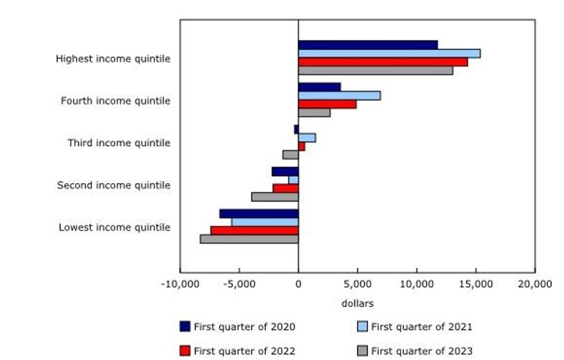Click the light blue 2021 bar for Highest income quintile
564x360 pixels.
coord(389,54)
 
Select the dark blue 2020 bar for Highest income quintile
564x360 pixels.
coord(368,45)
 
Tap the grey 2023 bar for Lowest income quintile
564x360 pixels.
coord(249,239)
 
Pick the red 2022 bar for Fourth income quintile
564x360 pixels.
coord(327,104)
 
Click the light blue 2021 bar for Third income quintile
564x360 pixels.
coord(307,138)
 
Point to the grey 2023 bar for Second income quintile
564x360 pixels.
coord(275,197)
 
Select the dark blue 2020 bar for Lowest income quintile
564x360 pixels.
coord(259,214)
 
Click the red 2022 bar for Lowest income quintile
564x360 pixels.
coord(254,230)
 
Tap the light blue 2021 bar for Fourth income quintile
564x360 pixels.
coord(339,96)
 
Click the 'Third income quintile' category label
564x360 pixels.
coord(119,143)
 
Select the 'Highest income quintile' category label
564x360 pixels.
coord(113,59)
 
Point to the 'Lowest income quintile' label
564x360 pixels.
coord(115,228)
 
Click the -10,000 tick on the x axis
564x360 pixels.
coord(180,283)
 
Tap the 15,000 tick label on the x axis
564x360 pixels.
coord(475,283)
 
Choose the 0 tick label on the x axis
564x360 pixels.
coord(298,283)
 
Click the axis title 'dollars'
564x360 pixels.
coord(357,303)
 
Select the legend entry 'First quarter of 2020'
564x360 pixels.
coord(245,327)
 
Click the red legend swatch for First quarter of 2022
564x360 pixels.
coord(185,350)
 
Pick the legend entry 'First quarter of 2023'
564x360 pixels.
coord(421,350)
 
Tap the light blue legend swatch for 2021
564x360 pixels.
coord(362,327)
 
